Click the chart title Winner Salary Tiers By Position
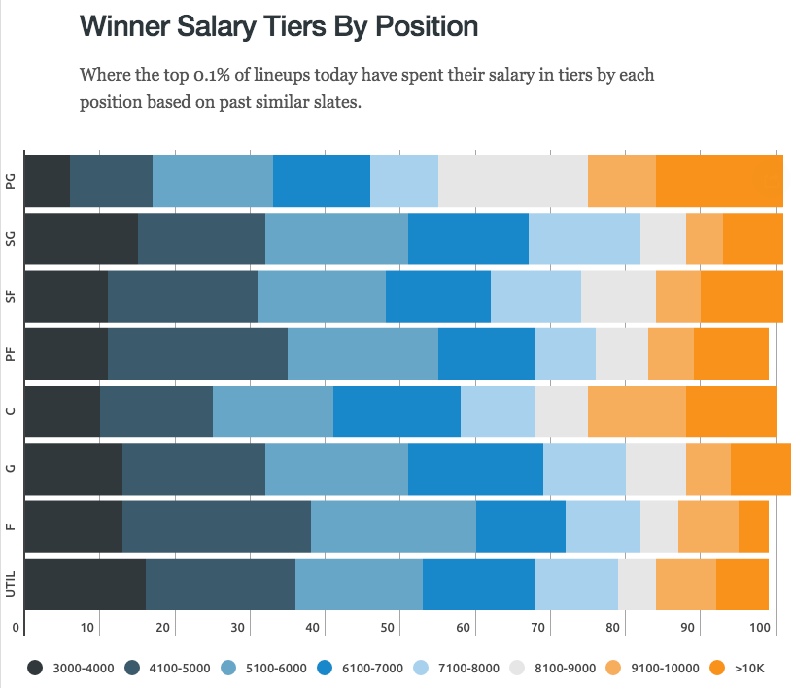click(x=278, y=26)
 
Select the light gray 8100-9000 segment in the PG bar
click(x=513, y=180)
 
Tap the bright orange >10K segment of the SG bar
click(x=752, y=238)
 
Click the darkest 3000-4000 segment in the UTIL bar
click(x=85, y=584)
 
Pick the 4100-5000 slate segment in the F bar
click(x=216, y=527)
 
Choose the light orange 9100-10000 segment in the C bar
click(x=637, y=411)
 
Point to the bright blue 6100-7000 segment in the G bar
click(x=475, y=468)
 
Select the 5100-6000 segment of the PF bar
click(x=362, y=354)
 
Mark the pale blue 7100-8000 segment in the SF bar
click(x=535, y=295)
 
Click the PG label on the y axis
click(x=10, y=180)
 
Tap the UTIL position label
click(x=10, y=584)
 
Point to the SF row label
click(x=10, y=295)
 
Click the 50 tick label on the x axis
click(x=388, y=627)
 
